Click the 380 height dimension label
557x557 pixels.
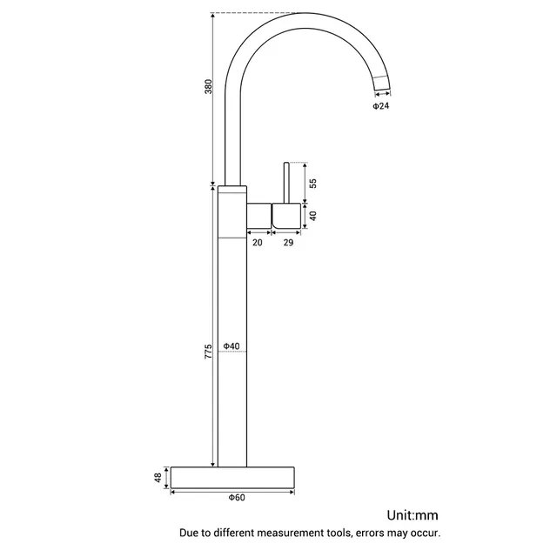[x=209, y=87]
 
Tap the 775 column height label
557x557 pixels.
[x=209, y=351]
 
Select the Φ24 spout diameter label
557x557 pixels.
[x=381, y=106]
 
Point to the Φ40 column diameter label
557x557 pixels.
[x=232, y=346]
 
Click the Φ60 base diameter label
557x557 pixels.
[x=237, y=498]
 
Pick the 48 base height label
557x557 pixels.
[x=158, y=478]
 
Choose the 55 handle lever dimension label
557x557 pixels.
[x=313, y=184]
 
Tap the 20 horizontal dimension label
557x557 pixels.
[x=258, y=242]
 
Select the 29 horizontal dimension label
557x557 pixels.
[x=288, y=242]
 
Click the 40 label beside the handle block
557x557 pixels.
[x=313, y=216]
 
